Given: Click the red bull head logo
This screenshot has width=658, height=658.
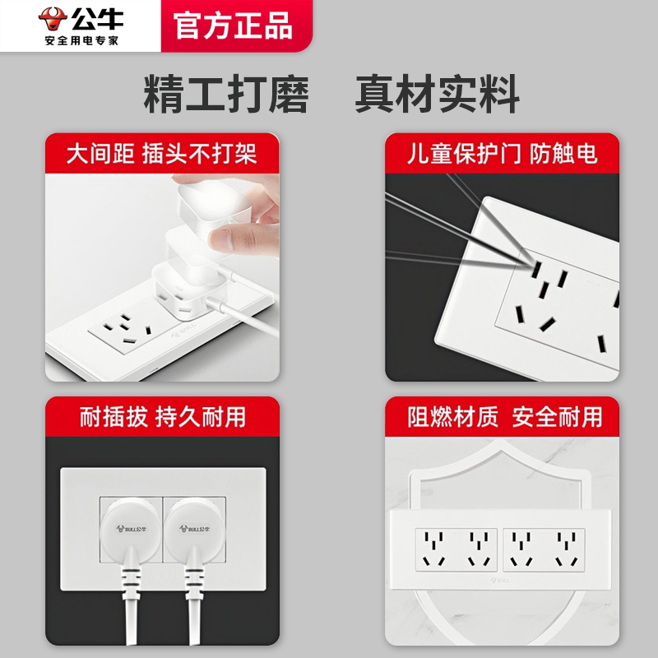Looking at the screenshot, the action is pyautogui.click(x=53, y=19).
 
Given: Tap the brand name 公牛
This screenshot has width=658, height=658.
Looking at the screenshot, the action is pyautogui.click(x=97, y=18).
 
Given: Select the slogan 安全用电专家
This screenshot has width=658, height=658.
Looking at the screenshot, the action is pyautogui.click(x=81, y=40).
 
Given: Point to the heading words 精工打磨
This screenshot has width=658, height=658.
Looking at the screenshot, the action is pyautogui.click(x=226, y=94).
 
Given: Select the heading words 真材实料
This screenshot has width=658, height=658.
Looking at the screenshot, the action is pyautogui.click(x=438, y=94).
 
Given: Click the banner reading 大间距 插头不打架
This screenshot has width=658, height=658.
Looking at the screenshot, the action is pyautogui.click(x=162, y=153).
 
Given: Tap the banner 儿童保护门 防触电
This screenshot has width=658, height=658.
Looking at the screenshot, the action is pyautogui.click(x=502, y=153).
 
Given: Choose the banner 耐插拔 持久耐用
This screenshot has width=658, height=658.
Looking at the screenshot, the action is pyautogui.click(x=162, y=417).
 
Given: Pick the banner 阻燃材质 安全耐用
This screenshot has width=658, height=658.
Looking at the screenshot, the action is pyautogui.click(x=502, y=417).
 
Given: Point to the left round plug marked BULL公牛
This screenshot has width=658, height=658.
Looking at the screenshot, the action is pyautogui.click(x=132, y=531).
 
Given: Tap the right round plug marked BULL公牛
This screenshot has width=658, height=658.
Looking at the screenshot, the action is pyautogui.click(x=194, y=531).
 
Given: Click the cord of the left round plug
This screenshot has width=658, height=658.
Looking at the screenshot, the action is pyautogui.click(x=130, y=605).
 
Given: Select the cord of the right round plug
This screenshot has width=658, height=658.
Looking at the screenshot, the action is pyautogui.click(x=194, y=605).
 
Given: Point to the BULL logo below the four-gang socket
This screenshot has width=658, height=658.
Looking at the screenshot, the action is pyautogui.click(x=500, y=581).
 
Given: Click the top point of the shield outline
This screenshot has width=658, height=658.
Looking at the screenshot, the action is pyautogui.click(x=501, y=441).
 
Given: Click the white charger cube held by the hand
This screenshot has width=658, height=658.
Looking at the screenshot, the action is pyautogui.click(x=213, y=202).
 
